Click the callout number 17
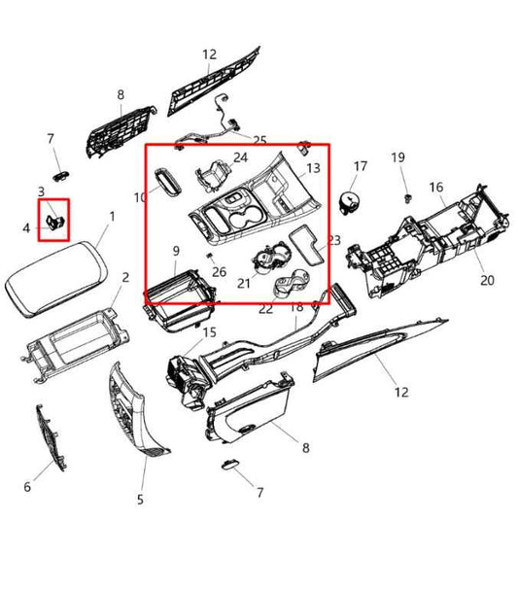[x=360, y=166]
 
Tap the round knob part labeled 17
[x=349, y=203]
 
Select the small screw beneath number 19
[x=408, y=198]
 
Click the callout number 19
[x=398, y=157]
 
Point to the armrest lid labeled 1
[x=56, y=278]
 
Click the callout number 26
[x=220, y=271]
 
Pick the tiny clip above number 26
[x=210, y=256]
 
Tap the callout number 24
[x=241, y=157]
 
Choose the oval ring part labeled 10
[x=168, y=182]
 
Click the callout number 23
[x=334, y=240]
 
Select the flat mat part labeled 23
[x=306, y=245]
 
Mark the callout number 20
[x=487, y=280]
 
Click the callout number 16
[x=436, y=187]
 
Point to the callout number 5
[x=140, y=500]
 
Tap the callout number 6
[x=27, y=487]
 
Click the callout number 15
[x=210, y=332]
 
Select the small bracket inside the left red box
[x=55, y=222]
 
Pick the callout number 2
[x=125, y=278]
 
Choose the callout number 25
[x=259, y=141]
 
